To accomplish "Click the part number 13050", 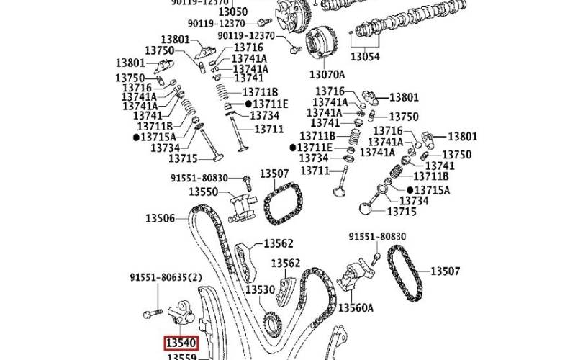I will point(232,12).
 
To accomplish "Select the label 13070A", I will point(327,74).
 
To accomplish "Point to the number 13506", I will point(161,217).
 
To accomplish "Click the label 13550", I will point(203,192).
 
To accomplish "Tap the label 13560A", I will point(356,308).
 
